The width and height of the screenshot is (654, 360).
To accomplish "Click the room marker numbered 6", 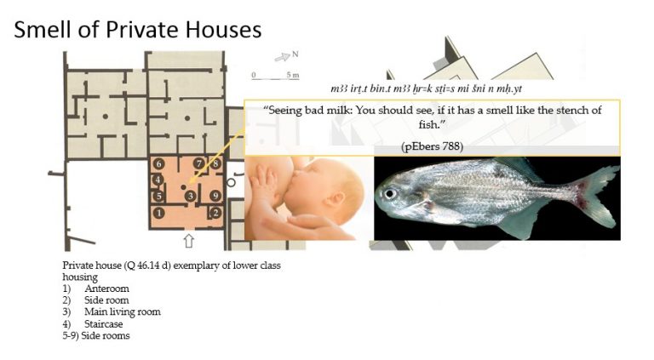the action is [x=158, y=163].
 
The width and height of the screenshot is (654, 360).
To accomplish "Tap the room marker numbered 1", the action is [x=158, y=213].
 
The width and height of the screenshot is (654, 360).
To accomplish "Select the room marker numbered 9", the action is [x=215, y=196].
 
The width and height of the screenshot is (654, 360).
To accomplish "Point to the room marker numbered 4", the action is [x=158, y=180].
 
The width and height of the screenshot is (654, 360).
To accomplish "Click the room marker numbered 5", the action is [x=158, y=197].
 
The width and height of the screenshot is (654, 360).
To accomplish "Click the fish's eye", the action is [x=390, y=194].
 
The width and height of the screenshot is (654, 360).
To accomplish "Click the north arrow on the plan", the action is [x=283, y=57].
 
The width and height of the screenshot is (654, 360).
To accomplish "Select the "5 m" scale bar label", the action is [x=293, y=75].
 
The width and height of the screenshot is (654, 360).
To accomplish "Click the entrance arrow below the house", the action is [x=189, y=240].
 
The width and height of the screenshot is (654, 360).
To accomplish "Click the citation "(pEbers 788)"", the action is [x=432, y=146].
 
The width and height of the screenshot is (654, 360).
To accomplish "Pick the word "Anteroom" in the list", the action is [x=106, y=289].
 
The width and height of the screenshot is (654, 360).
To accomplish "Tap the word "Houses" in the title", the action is [x=224, y=30].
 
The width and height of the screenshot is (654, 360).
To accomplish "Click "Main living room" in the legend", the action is [x=123, y=311].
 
